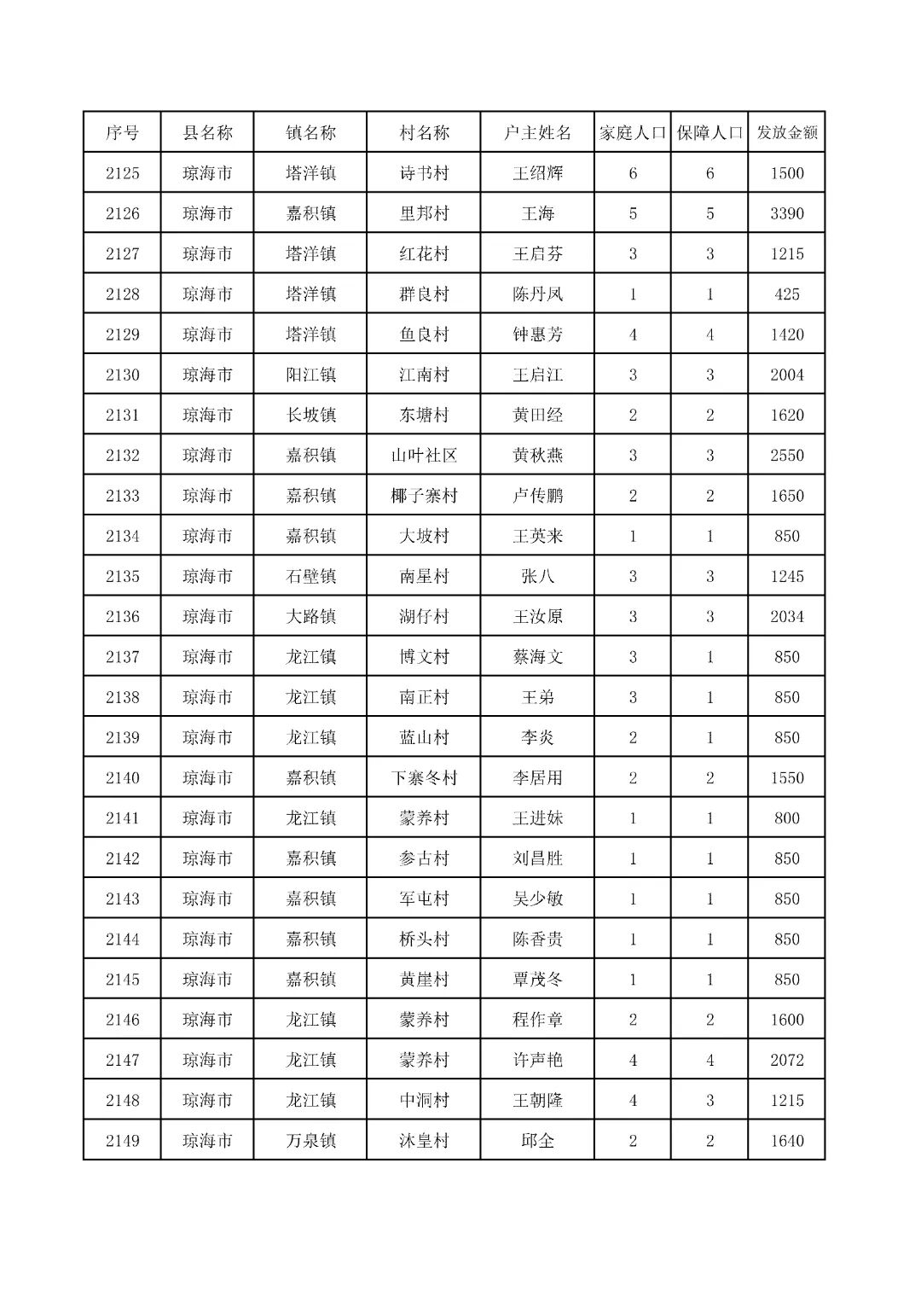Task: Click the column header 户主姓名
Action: [537, 133]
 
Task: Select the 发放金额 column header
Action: [786, 133]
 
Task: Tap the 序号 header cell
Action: [122, 133]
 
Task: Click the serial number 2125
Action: [122, 173]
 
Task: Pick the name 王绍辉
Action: [537, 173]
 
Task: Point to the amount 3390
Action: [786, 213]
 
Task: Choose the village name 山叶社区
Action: [424, 456]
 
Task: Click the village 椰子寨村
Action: [424, 496]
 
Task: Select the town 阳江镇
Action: [310, 375]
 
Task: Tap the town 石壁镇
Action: [310, 576]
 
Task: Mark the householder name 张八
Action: [537, 576]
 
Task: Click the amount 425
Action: [786, 294]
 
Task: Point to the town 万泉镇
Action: [310, 1141]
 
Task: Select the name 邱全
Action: [537, 1141]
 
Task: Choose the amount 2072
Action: [786, 1060]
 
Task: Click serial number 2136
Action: [122, 616]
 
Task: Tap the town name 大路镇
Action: [310, 616]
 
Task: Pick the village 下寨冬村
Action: [424, 777]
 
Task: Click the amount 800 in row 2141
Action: [786, 818]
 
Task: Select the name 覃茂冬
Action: [537, 980]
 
